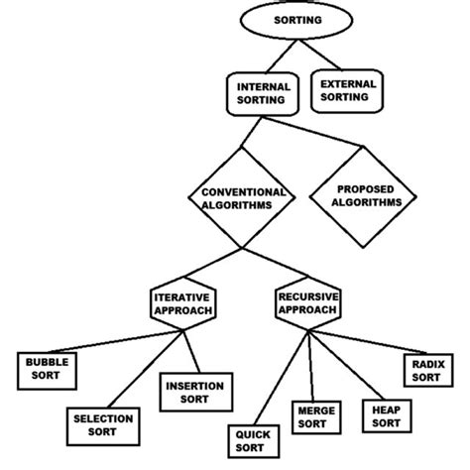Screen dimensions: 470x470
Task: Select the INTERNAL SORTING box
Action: (262, 92)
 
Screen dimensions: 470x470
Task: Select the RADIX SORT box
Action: (426, 370)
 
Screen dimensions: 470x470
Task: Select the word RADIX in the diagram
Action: (426, 363)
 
